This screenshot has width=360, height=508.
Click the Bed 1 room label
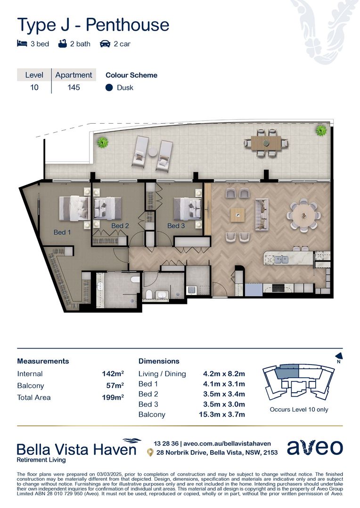click(62, 232)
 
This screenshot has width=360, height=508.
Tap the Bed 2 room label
click(120, 226)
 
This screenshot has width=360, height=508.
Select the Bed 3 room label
click(176, 226)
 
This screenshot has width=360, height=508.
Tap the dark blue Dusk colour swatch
click(109, 87)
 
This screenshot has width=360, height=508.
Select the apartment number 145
click(74, 87)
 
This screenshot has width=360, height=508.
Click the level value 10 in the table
click(34, 87)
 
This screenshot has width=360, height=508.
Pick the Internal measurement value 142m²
click(113, 374)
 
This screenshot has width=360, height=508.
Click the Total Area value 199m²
click(113, 397)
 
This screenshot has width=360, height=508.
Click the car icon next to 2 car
click(105, 44)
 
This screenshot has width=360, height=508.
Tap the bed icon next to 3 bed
click(22, 44)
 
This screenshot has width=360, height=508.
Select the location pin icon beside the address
click(150, 452)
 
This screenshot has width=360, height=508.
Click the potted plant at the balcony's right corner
click(321, 130)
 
